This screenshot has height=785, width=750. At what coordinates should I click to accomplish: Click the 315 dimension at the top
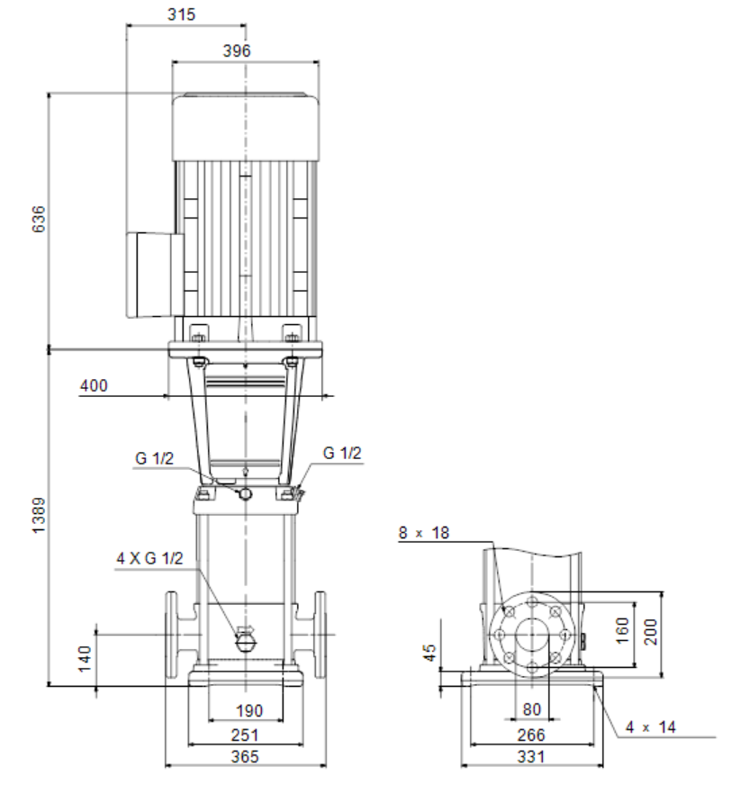(181, 14)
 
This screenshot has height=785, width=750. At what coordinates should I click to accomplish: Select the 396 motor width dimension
(236, 50)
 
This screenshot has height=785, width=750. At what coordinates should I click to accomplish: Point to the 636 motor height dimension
(38, 219)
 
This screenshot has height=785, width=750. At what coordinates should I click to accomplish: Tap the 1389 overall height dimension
(38, 516)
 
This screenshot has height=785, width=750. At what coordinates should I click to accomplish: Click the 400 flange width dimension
(94, 385)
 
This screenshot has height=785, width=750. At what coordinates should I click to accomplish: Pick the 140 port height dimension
(85, 659)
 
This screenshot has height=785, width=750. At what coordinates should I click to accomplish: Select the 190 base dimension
(248, 710)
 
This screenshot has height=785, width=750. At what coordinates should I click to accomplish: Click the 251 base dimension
(245, 735)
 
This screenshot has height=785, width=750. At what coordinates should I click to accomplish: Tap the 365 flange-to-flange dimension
(245, 756)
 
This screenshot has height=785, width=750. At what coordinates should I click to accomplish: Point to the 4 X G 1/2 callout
(149, 558)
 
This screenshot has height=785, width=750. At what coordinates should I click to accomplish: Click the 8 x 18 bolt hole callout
(424, 533)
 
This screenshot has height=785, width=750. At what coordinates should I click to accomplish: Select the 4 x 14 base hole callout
(651, 726)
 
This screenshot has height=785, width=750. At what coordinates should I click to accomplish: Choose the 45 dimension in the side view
(429, 653)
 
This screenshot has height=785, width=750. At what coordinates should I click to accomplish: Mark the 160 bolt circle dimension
(621, 630)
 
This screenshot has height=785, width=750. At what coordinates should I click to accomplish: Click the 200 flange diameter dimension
(650, 632)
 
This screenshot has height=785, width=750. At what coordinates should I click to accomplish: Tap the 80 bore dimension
(532, 709)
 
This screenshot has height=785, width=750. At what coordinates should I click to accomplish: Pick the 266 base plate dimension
(530, 735)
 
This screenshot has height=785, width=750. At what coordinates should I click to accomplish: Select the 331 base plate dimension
(530, 756)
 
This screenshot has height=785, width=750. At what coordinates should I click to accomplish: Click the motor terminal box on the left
(154, 275)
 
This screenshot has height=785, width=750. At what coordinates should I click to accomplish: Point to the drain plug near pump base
(245, 639)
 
